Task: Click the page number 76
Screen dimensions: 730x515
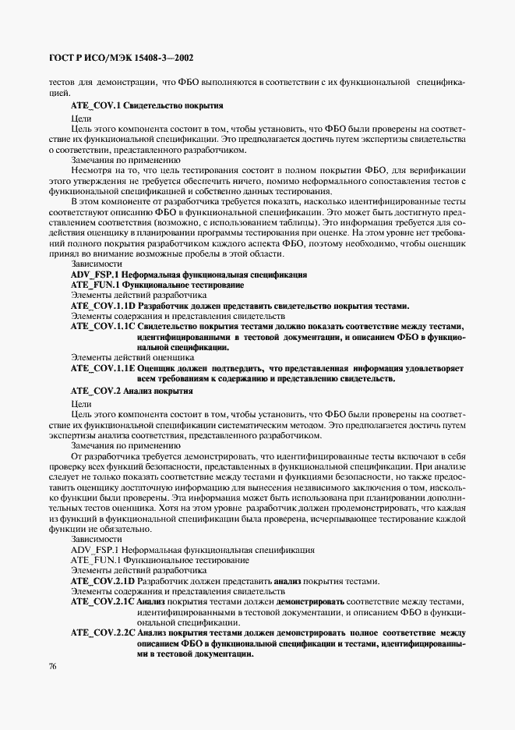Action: (52, 666)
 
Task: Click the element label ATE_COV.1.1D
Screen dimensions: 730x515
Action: (102, 306)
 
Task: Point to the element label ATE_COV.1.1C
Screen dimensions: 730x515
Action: (102, 327)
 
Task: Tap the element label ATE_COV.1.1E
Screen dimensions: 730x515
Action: (102, 368)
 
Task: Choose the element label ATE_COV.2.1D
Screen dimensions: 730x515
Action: (102, 581)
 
